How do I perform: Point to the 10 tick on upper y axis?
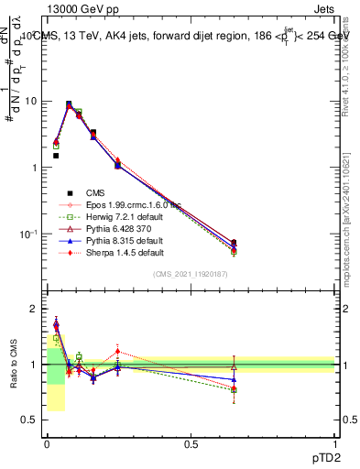[31, 101]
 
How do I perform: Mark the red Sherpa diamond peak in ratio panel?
[117, 351]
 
